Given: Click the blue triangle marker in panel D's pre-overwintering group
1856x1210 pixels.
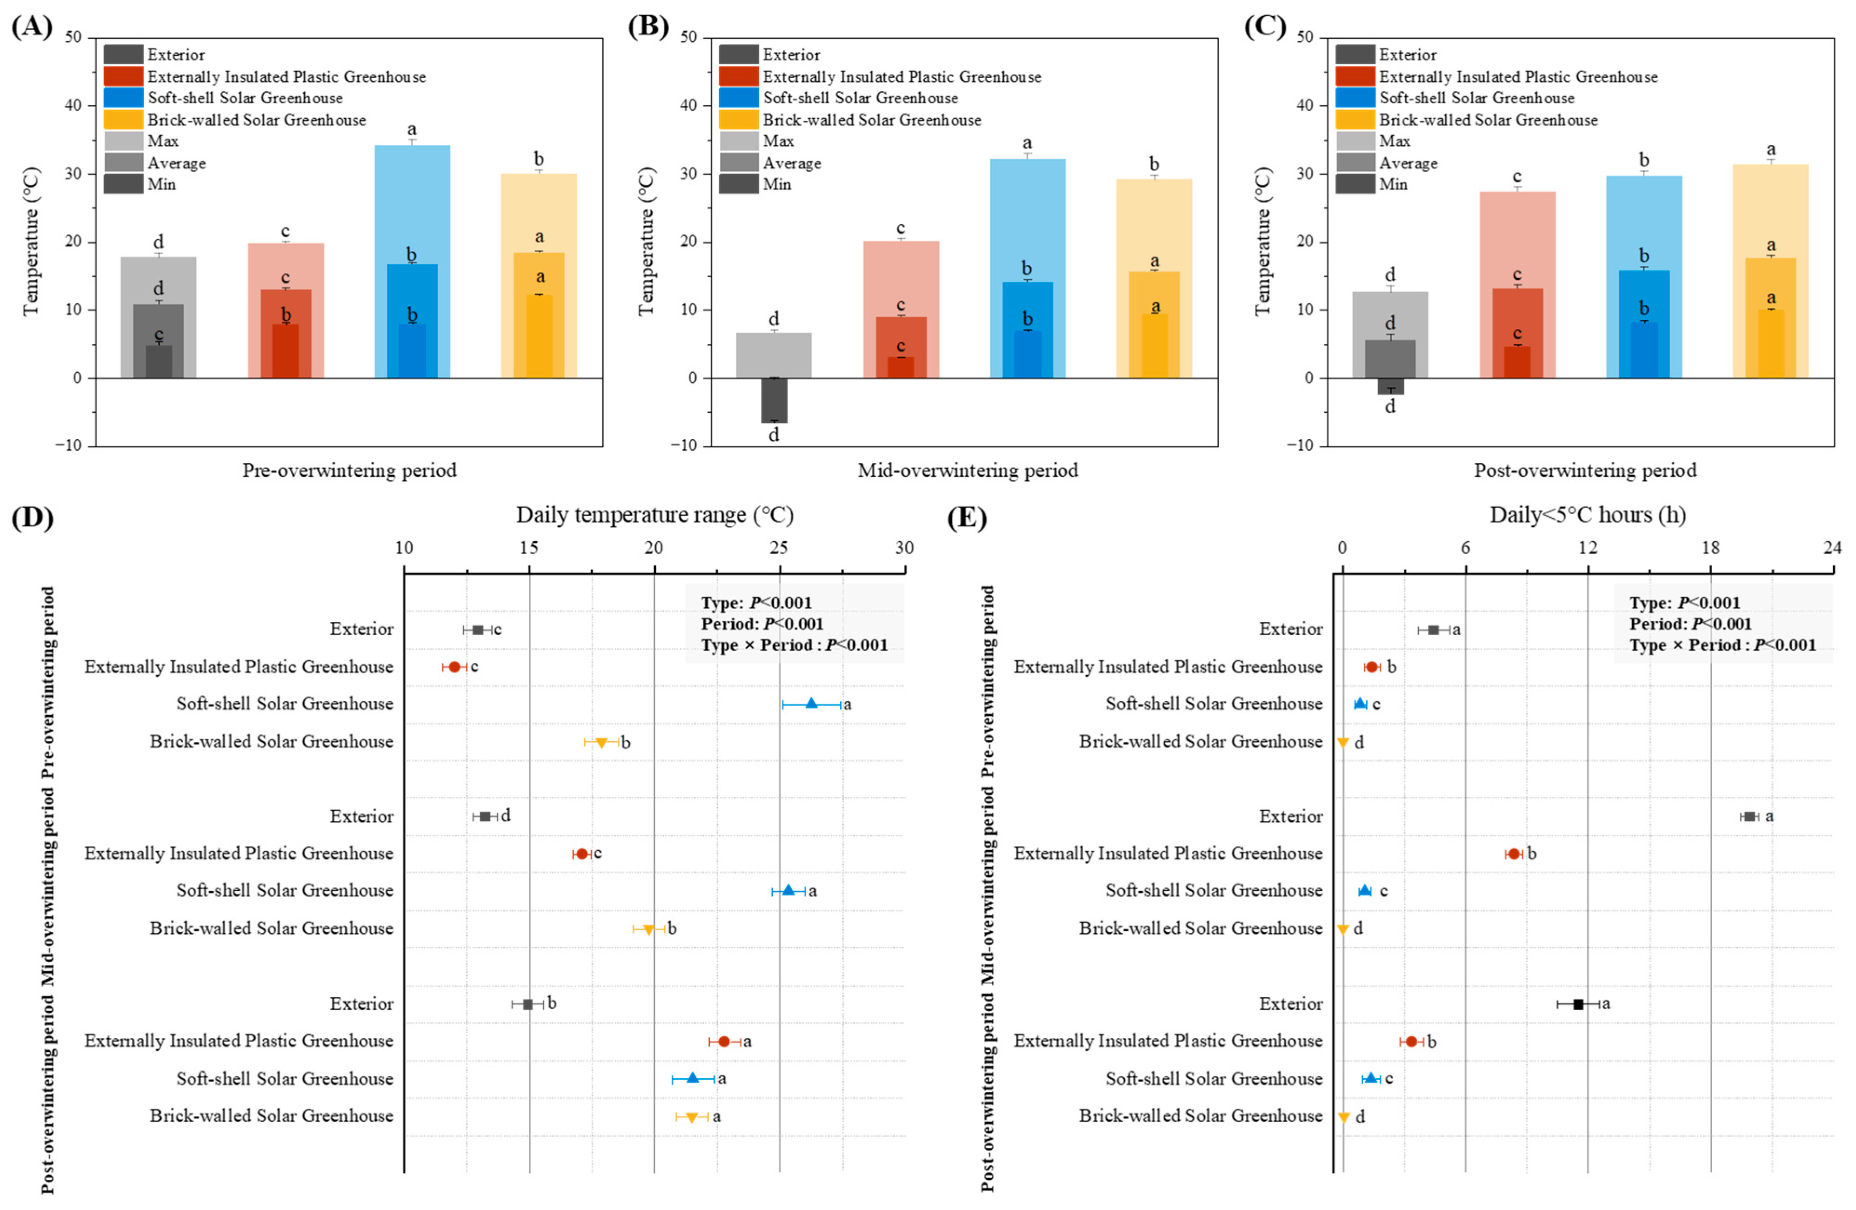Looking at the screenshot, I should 811,704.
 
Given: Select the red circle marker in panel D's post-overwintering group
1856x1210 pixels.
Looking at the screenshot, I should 724,1042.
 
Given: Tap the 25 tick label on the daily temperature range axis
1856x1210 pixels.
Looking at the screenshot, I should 779,548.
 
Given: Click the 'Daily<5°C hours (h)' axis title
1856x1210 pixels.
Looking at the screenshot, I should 1588,515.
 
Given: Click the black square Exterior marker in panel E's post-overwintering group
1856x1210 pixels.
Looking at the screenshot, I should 1578,1004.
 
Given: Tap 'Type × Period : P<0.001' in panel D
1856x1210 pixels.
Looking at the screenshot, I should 794,645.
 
